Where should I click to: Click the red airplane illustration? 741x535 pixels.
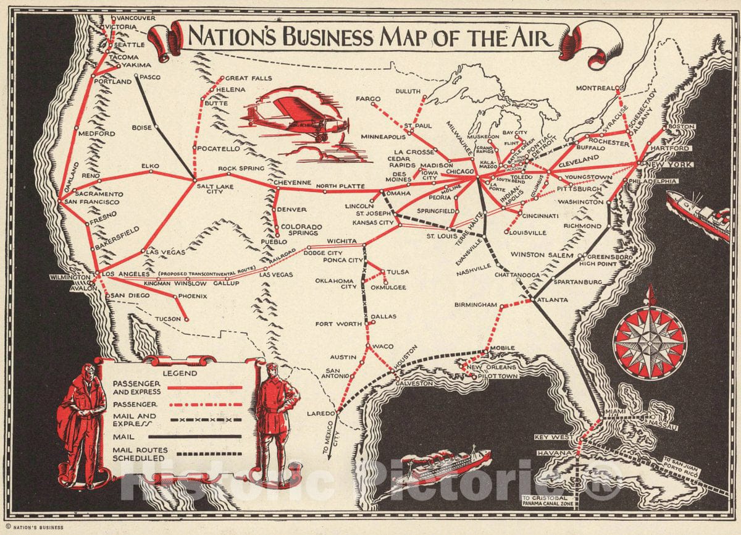[x=295, y=117]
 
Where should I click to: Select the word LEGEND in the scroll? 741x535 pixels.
[x=180, y=373]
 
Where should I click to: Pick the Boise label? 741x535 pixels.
[x=142, y=128]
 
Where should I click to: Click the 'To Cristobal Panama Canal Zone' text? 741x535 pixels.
[x=548, y=502]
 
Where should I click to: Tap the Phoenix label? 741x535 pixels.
[x=193, y=297]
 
